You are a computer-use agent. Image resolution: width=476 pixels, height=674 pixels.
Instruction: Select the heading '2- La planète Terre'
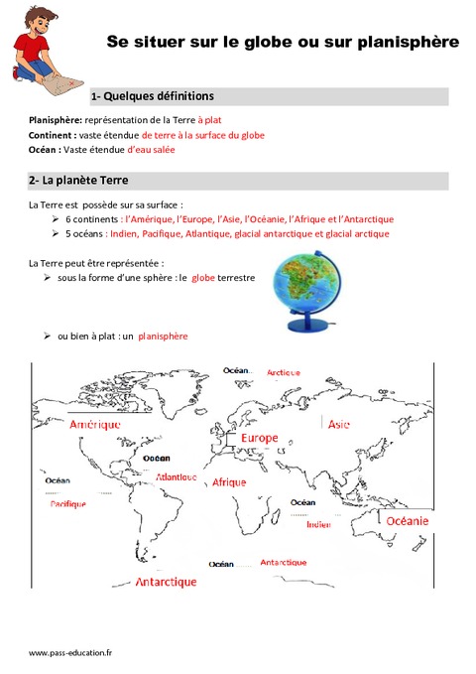[x=79, y=181]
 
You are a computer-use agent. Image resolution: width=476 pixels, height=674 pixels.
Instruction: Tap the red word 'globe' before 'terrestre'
[x=203, y=280]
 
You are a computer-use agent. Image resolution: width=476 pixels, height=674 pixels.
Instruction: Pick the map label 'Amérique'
[x=95, y=424]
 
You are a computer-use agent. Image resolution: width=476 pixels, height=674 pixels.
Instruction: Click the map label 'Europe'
[x=259, y=438]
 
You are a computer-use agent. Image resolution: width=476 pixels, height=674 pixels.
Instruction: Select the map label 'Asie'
[x=338, y=424]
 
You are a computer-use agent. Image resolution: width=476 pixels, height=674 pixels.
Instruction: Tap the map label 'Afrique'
[x=229, y=481]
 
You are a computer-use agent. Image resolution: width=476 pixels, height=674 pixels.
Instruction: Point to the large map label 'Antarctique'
[x=166, y=582]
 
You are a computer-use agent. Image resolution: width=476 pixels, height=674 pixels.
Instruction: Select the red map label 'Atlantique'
[x=177, y=477]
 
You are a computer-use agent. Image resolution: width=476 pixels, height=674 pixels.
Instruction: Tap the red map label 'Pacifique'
[x=68, y=504]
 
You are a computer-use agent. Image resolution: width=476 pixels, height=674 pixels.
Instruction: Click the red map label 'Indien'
[x=318, y=524]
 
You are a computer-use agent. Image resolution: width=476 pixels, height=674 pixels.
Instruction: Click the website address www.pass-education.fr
[x=70, y=652]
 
